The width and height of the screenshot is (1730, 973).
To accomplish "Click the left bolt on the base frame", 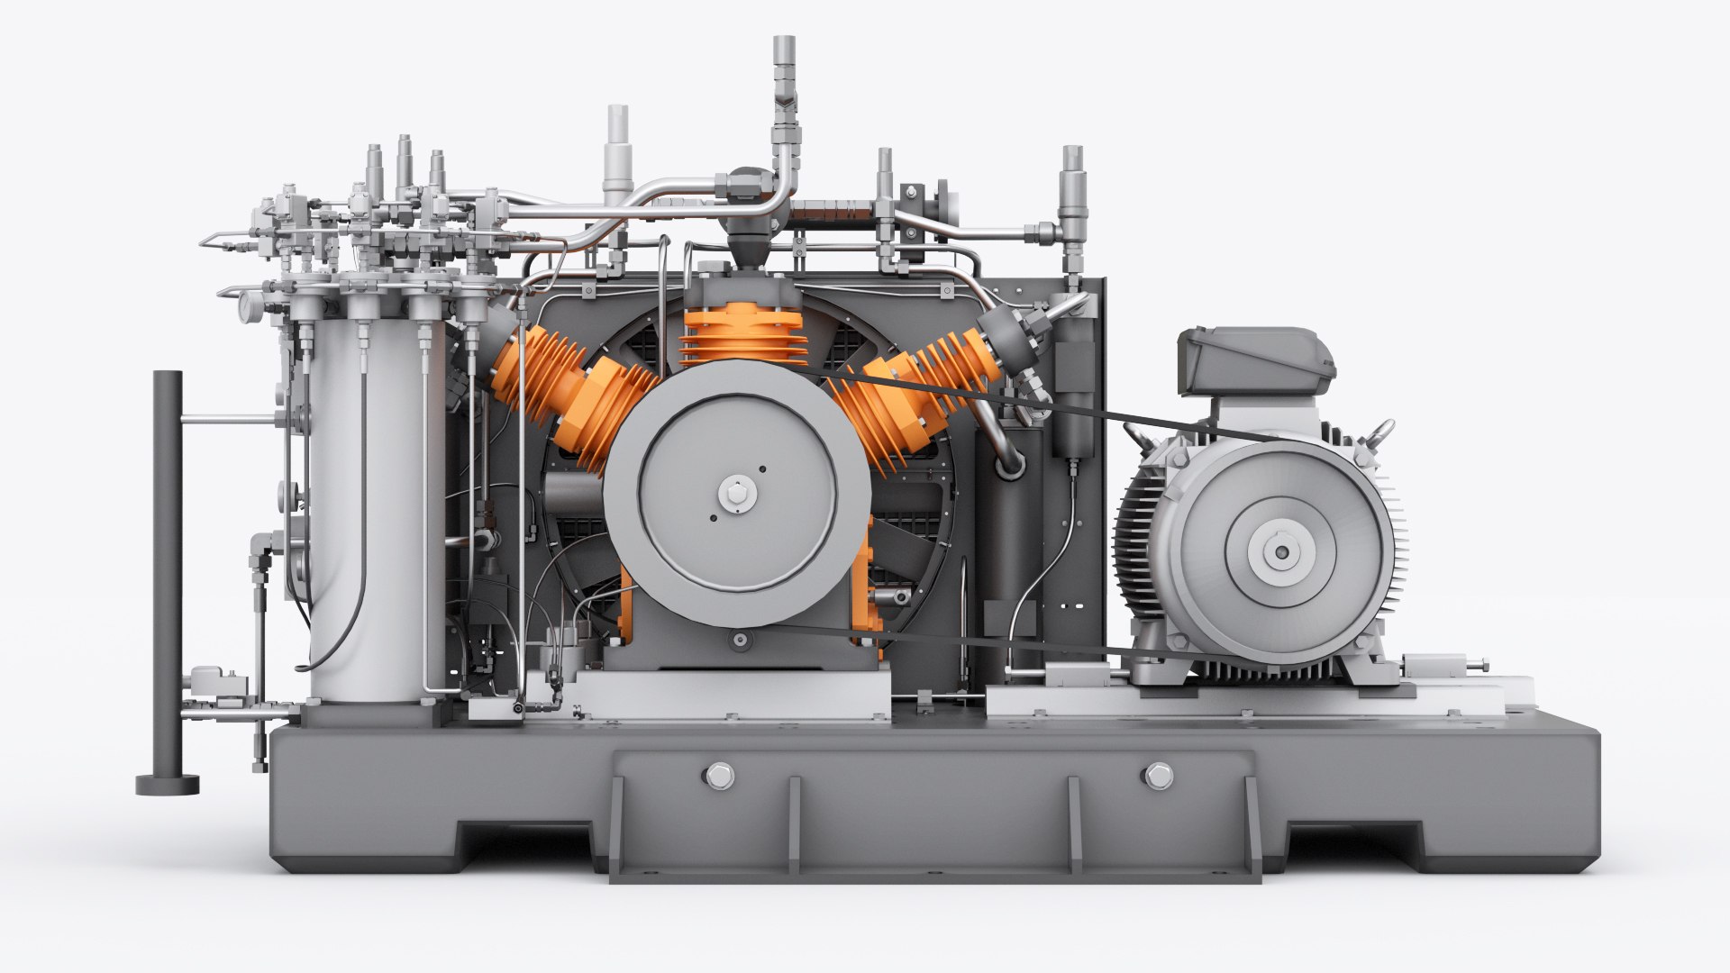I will coord(719,776).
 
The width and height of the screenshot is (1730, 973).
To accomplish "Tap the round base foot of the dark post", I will coord(167,784).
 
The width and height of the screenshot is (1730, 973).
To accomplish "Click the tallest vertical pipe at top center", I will coord(784,99).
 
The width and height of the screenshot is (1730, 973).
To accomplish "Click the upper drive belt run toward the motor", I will coord(1036,401).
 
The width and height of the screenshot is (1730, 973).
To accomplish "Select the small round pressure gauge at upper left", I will coord(245,306).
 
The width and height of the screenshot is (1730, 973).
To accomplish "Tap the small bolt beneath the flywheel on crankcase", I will coord(740,640).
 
